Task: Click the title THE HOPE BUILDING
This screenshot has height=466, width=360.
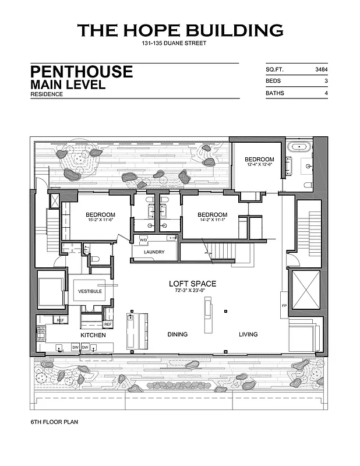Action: coord(180,30)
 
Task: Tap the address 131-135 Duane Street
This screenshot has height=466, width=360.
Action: coord(174,44)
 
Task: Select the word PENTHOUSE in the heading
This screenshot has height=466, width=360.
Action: coord(82,72)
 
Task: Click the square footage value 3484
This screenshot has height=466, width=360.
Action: coord(320,69)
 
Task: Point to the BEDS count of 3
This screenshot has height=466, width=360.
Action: coord(324,82)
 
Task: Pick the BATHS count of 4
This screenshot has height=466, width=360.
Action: coord(324,93)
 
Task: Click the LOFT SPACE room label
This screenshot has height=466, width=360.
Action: coord(192,284)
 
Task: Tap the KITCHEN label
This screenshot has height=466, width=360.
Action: coord(93,335)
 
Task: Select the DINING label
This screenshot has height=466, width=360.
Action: coord(177,334)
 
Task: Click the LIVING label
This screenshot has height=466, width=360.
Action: coord(248,334)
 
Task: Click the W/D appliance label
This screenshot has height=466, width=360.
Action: coord(143,240)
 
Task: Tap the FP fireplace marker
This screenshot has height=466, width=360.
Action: coord(284,305)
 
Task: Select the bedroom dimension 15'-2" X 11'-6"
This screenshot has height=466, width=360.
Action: coord(101,220)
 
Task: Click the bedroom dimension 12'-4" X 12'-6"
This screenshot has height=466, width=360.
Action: coord(259,165)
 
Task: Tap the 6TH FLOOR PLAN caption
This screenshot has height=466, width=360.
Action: coord(54,421)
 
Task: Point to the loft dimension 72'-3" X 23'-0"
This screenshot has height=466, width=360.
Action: coord(192,291)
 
